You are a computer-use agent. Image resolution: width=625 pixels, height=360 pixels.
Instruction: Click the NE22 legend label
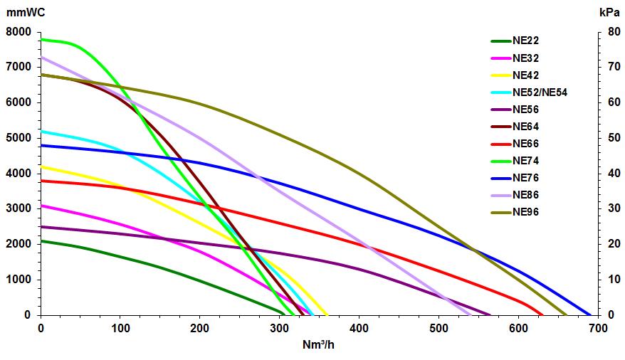tap(525, 41)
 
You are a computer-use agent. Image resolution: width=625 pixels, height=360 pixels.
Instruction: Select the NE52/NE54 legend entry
tap(540, 92)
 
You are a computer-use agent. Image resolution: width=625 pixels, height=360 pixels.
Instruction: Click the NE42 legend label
tap(525, 75)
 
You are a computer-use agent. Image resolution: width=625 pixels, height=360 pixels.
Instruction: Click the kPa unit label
tap(609, 11)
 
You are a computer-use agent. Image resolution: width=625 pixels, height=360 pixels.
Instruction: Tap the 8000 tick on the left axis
tap(19, 32)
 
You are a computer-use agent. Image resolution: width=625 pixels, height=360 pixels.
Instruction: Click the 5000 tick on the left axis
tap(19, 138)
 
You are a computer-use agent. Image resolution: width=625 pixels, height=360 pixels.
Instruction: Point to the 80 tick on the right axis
tap(607, 32)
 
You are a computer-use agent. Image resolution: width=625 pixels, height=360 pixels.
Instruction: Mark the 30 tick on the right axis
tap(607, 208)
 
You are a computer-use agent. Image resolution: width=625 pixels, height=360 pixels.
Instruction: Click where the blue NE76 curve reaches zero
tap(591, 314)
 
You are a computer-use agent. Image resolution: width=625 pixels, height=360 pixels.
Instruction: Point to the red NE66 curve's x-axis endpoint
tap(542, 314)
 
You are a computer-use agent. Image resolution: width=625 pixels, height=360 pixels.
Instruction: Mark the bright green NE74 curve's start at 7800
tap(41, 39)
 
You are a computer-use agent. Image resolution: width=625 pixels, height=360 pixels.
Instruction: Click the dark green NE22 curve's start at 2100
tap(41, 240)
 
